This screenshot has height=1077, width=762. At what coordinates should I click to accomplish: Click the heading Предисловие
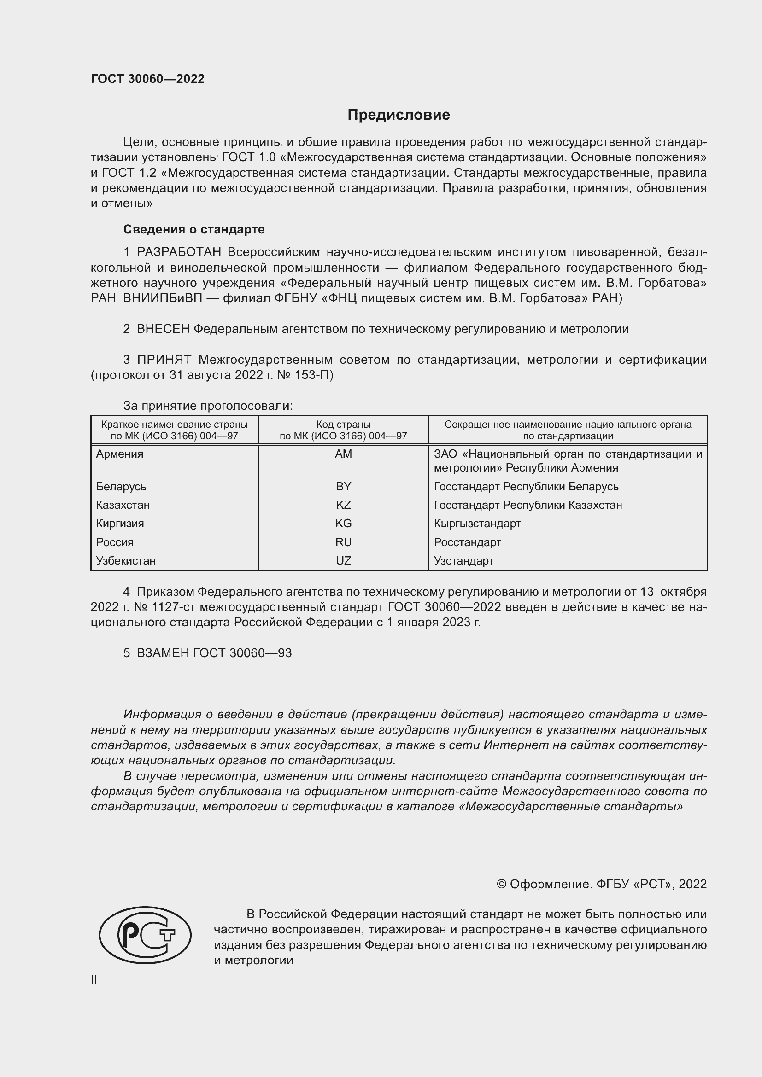399,115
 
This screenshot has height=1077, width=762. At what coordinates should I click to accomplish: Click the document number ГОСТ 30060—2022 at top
147,79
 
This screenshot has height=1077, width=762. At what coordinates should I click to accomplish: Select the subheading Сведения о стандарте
194,229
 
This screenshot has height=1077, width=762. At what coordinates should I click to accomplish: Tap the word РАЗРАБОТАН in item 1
179,252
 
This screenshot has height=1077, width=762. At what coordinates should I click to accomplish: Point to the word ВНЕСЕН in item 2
163,329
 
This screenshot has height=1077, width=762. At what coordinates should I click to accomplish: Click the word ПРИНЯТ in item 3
164,360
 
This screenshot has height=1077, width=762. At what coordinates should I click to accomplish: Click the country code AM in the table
344,454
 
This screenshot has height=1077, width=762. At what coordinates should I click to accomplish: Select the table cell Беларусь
121,486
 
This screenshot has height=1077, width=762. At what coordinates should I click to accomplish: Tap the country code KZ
344,505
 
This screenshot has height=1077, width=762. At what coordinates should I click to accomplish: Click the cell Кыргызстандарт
477,524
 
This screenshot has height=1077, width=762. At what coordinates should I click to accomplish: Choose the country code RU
344,542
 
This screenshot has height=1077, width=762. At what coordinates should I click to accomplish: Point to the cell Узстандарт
463,560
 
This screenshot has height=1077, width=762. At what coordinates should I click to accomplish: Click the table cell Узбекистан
126,560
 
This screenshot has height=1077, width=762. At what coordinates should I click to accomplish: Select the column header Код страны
344,425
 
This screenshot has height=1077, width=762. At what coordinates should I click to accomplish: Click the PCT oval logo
145,934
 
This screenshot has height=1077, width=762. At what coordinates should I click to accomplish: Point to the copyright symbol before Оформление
501,884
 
